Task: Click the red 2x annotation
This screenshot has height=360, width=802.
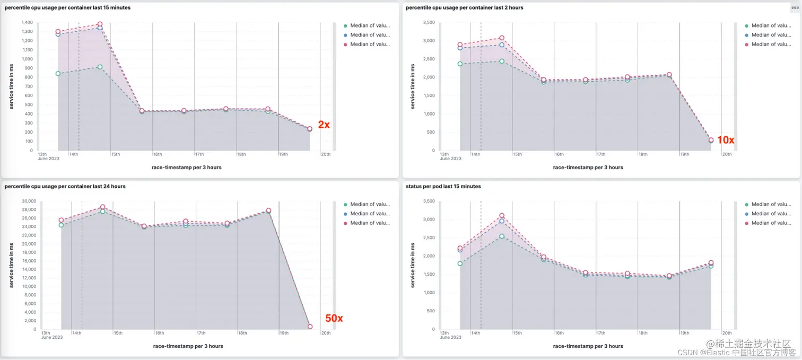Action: pos(324,125)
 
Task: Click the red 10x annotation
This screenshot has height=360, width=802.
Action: pos(725,141)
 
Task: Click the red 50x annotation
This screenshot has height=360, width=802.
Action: pos(334,319)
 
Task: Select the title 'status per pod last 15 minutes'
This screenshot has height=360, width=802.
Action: pos(443,187)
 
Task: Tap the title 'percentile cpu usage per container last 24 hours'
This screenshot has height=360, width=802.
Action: pos(65,187)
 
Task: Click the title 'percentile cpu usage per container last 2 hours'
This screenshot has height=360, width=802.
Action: pos(464,8)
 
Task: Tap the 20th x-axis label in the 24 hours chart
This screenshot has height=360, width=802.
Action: pos(326,333)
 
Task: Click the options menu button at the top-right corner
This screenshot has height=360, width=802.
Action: pos(795,7)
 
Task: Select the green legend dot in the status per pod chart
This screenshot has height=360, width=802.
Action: pos(747,204)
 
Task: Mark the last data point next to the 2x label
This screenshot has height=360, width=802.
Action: pos(310,128)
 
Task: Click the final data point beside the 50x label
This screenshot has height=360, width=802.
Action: pos(310,327)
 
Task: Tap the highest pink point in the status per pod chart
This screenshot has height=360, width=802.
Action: pos(502,216)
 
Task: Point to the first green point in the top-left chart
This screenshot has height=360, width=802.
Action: pos(58,74)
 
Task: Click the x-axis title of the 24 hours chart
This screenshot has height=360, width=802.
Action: pos(188,346)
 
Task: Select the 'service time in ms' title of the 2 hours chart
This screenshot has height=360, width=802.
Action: pos(413,86)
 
